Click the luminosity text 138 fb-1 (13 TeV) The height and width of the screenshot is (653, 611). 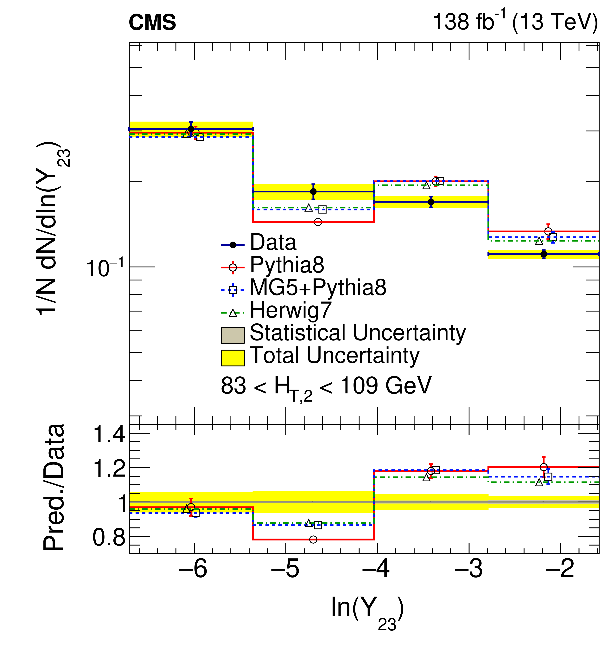point(515,22)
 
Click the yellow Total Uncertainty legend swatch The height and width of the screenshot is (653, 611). point(232,358)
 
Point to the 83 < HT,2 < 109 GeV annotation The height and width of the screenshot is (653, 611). point(326,387)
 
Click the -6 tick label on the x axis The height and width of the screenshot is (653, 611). point(193,569)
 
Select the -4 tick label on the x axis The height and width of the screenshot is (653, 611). point(376,569)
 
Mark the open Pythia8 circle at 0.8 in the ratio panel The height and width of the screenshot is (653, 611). point(313,539)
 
